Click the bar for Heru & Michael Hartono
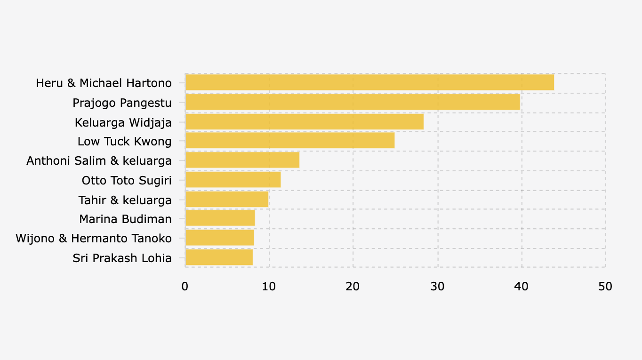pos(369,83)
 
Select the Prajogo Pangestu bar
pos(353,102)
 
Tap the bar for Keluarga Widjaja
pos(305,122)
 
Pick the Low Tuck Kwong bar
pos(290,141)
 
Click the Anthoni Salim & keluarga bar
pos(242,160)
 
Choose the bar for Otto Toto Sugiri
pos(233,180)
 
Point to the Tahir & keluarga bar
pos(227,200)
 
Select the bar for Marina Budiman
pos(220,218)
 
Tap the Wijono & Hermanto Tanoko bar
pos(220,238)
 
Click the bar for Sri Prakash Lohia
pos(219,257)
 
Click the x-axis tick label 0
pos(185,286)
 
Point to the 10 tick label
pos(269,286)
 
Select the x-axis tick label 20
pos(353,286)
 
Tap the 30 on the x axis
pos(437,286)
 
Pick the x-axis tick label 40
pos(521,286)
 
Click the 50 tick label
pos(605,286)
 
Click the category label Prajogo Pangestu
pos(122,103)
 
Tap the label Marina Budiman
pos(125,219)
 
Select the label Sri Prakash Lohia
pos(122,258)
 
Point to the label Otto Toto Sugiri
pos(126,180)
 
